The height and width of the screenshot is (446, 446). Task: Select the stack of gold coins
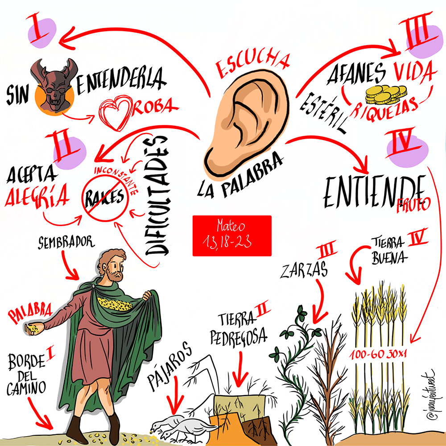pyautogui.click(x=386, y=95)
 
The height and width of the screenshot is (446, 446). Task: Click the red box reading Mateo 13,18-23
pyautogui.click(x=232, y=236)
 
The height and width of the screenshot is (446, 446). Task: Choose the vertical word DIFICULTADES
pyautogui.click(x=157, y=196)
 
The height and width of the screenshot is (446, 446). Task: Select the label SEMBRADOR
pyautogui.click(x=66, y=242)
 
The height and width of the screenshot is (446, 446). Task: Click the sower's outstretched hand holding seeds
pyautogui.click(x=34, y=329)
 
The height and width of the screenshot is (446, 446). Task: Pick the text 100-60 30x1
pyautogui.click(x=378, y=355)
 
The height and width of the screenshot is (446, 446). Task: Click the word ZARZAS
pyautogui.click(x=303, y=270)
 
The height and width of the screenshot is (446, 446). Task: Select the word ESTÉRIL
pyautogui.click(x=323, y=113)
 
